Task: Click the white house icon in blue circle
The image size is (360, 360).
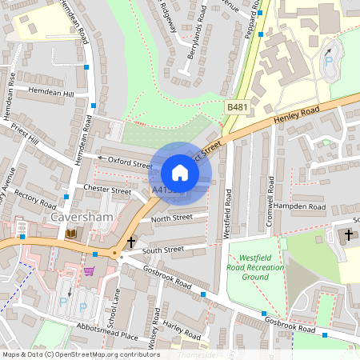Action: [x=180, y=172]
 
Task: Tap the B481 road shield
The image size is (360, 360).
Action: [x=237, y=106]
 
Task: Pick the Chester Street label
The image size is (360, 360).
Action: [x=107, y=190]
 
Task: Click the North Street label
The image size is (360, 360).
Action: [x=171, y=218]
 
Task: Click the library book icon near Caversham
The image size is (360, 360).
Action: [x=72, y=233]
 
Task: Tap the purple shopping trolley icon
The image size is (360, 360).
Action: [x=89, y=271]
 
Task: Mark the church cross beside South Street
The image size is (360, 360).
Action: [x=130, y=242]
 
